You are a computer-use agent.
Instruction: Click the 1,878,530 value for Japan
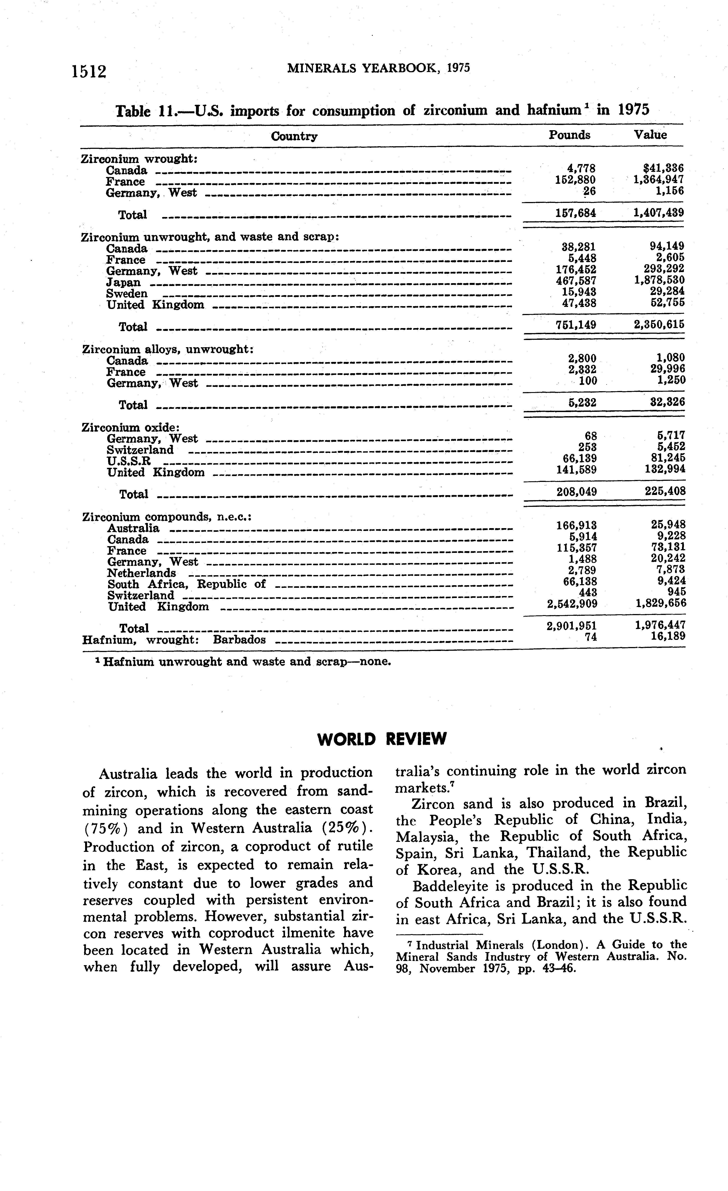click(x=659, y=280)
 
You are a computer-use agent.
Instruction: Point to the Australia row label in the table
click(x=133, y=528)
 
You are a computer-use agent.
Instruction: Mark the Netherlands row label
click(x=141, y=573)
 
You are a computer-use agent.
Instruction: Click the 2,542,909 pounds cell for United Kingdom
click(x=572, y=604)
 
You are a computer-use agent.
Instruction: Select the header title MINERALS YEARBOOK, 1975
click(x=379, y=68)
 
